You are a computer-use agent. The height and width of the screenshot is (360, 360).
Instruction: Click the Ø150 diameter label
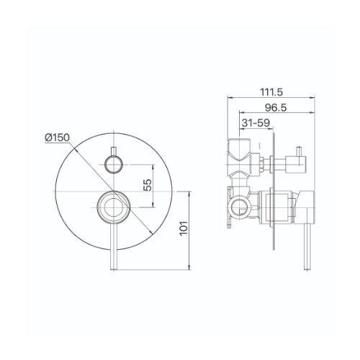(x=57, y=138)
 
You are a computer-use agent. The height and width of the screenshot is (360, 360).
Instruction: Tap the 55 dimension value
(x=148, y=185)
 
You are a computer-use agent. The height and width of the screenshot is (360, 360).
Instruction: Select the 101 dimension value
(x=184, y=228)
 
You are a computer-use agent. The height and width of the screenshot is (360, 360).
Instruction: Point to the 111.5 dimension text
(x=271, y=92)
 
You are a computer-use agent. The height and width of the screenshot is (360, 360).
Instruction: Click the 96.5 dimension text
(x=276, y=108)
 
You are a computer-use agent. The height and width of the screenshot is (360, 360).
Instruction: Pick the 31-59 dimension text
(x=256, y=123)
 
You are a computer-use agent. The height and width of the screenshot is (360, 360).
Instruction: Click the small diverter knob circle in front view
(x=114, y=164)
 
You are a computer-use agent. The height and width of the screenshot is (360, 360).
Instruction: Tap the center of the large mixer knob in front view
(x=114, y=207)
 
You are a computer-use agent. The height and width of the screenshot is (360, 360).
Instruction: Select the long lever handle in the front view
(x=114, y=247)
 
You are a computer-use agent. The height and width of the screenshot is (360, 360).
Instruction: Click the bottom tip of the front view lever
(x=114, y=270)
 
